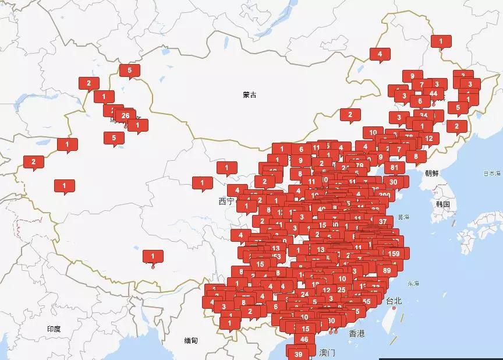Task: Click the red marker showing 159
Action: (394, 253)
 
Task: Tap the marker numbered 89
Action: (387, 270)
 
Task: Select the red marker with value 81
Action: (394, 168)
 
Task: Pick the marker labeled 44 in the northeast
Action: (433, 93)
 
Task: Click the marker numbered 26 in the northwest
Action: (125, 116)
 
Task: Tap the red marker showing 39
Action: (299, 354)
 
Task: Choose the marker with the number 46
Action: (304, 339)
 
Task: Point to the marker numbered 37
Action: (382, 221)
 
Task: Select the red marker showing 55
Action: (366, 301)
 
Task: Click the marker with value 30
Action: (394, 182)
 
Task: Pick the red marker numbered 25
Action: (342, 290)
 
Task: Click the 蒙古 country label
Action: (250, 95)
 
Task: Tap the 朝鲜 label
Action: (432, 173)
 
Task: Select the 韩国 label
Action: (443, 204)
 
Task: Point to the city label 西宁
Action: (226, 202)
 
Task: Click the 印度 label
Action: (54, 329)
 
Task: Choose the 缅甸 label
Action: (191, 341)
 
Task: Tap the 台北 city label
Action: (394, 301)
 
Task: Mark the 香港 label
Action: (357, 334)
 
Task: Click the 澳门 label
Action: (328, 352)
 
